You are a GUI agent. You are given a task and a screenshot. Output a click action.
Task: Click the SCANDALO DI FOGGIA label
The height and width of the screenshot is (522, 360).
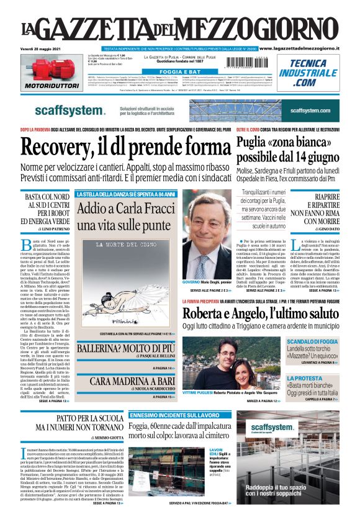tap(329, 341)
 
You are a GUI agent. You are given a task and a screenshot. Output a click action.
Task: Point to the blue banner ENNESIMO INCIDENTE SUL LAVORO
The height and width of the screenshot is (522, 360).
tap(165, 414)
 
